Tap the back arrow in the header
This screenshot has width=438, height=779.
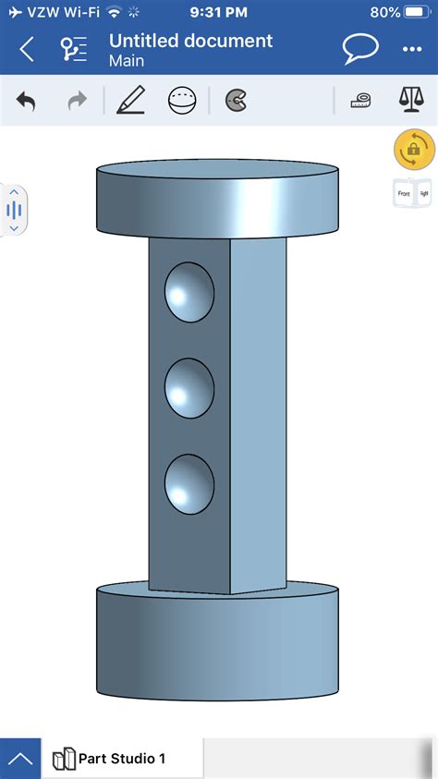coord(27,49)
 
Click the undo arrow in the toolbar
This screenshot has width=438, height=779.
coord(26,102)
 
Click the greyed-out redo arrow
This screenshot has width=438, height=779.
coord(77,102)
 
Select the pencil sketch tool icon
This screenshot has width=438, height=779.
coord(130,101)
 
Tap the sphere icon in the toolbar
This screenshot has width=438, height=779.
coord(182,101)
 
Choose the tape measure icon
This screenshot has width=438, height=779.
coord(360,101)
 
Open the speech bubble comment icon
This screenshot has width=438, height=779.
coord(359,49)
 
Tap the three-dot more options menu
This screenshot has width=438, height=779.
coord(411,50)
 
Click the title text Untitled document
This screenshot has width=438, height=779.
coord(190,41)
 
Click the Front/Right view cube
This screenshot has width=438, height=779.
coord(413,194)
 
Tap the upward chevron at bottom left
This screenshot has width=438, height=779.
coord(20,759)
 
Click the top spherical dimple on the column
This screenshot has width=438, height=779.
coord(189,291)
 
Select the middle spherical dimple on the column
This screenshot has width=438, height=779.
coord(189,387)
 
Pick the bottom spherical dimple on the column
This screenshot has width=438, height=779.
coord(189,484)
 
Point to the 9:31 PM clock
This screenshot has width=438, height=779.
coord(218,13)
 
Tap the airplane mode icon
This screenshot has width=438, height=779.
coord(13,13)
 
